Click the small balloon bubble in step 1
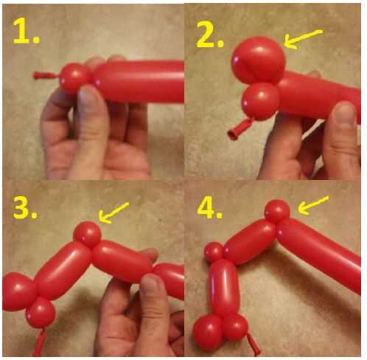click(x=74, y=77)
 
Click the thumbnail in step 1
click(x=88, y=97)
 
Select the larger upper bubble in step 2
click(x=258, y=60)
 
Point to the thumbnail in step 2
click(x=345, y=113)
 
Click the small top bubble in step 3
click(x=87, y=235)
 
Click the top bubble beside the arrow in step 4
click(x=277, y=212)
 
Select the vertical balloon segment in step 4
click(x=223, y=287)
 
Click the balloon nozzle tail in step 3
click(x=39, y=342)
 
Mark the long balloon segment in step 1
click(x=139, y=81)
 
